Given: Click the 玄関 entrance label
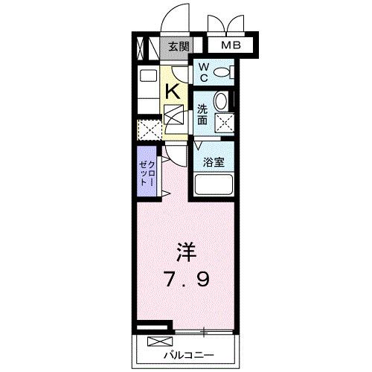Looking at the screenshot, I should tap(178, 47).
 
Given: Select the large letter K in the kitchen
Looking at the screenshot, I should tap(172, 91).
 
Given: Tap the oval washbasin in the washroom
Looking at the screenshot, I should tap(221, 102).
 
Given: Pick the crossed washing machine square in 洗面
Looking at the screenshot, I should tap(224, 123).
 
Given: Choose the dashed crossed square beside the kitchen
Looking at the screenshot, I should tap(150, 130).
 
